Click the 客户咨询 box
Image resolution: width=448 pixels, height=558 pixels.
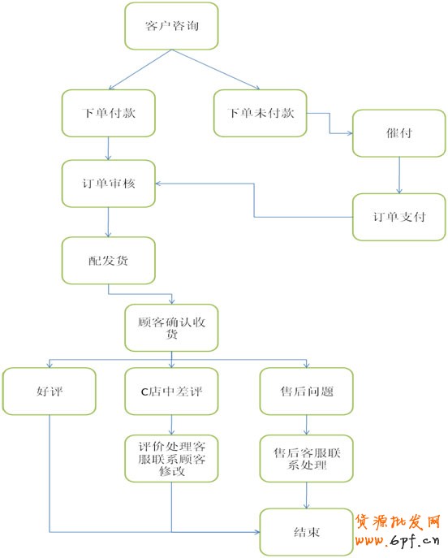coord(171,26)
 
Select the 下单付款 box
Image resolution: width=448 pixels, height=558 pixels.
coord(109,113)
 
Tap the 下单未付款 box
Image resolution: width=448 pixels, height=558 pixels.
coord(261,113)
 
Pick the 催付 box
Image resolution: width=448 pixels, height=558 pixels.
coord(399,133)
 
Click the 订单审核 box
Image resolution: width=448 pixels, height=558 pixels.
coord(109,184)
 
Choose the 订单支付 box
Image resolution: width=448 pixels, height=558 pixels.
coord(399,217)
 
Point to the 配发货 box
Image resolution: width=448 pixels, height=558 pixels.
coord(109,261)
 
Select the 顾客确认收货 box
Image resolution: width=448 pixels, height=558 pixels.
coord(171,328)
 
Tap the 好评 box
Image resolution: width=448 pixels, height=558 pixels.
coord(49,391)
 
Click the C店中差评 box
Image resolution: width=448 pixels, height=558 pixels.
coord(171,391)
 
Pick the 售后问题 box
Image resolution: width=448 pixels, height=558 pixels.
coord(307,391)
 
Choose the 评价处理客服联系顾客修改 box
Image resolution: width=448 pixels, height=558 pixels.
coord(171,459)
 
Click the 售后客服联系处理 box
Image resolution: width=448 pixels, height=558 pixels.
coord(307,459)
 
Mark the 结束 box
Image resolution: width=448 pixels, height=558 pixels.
coord(307,532)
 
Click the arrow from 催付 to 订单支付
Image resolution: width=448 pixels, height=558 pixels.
coord(399,175)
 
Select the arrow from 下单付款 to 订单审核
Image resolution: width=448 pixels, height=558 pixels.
coord(109,149)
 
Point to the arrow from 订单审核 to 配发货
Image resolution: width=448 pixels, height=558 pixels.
coord(109,222)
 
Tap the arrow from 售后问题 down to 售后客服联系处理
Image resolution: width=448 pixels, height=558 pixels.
coord(307,425)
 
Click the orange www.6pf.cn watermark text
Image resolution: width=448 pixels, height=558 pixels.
coord(397,541)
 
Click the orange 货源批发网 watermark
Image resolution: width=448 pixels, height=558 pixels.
coord(398,522)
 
